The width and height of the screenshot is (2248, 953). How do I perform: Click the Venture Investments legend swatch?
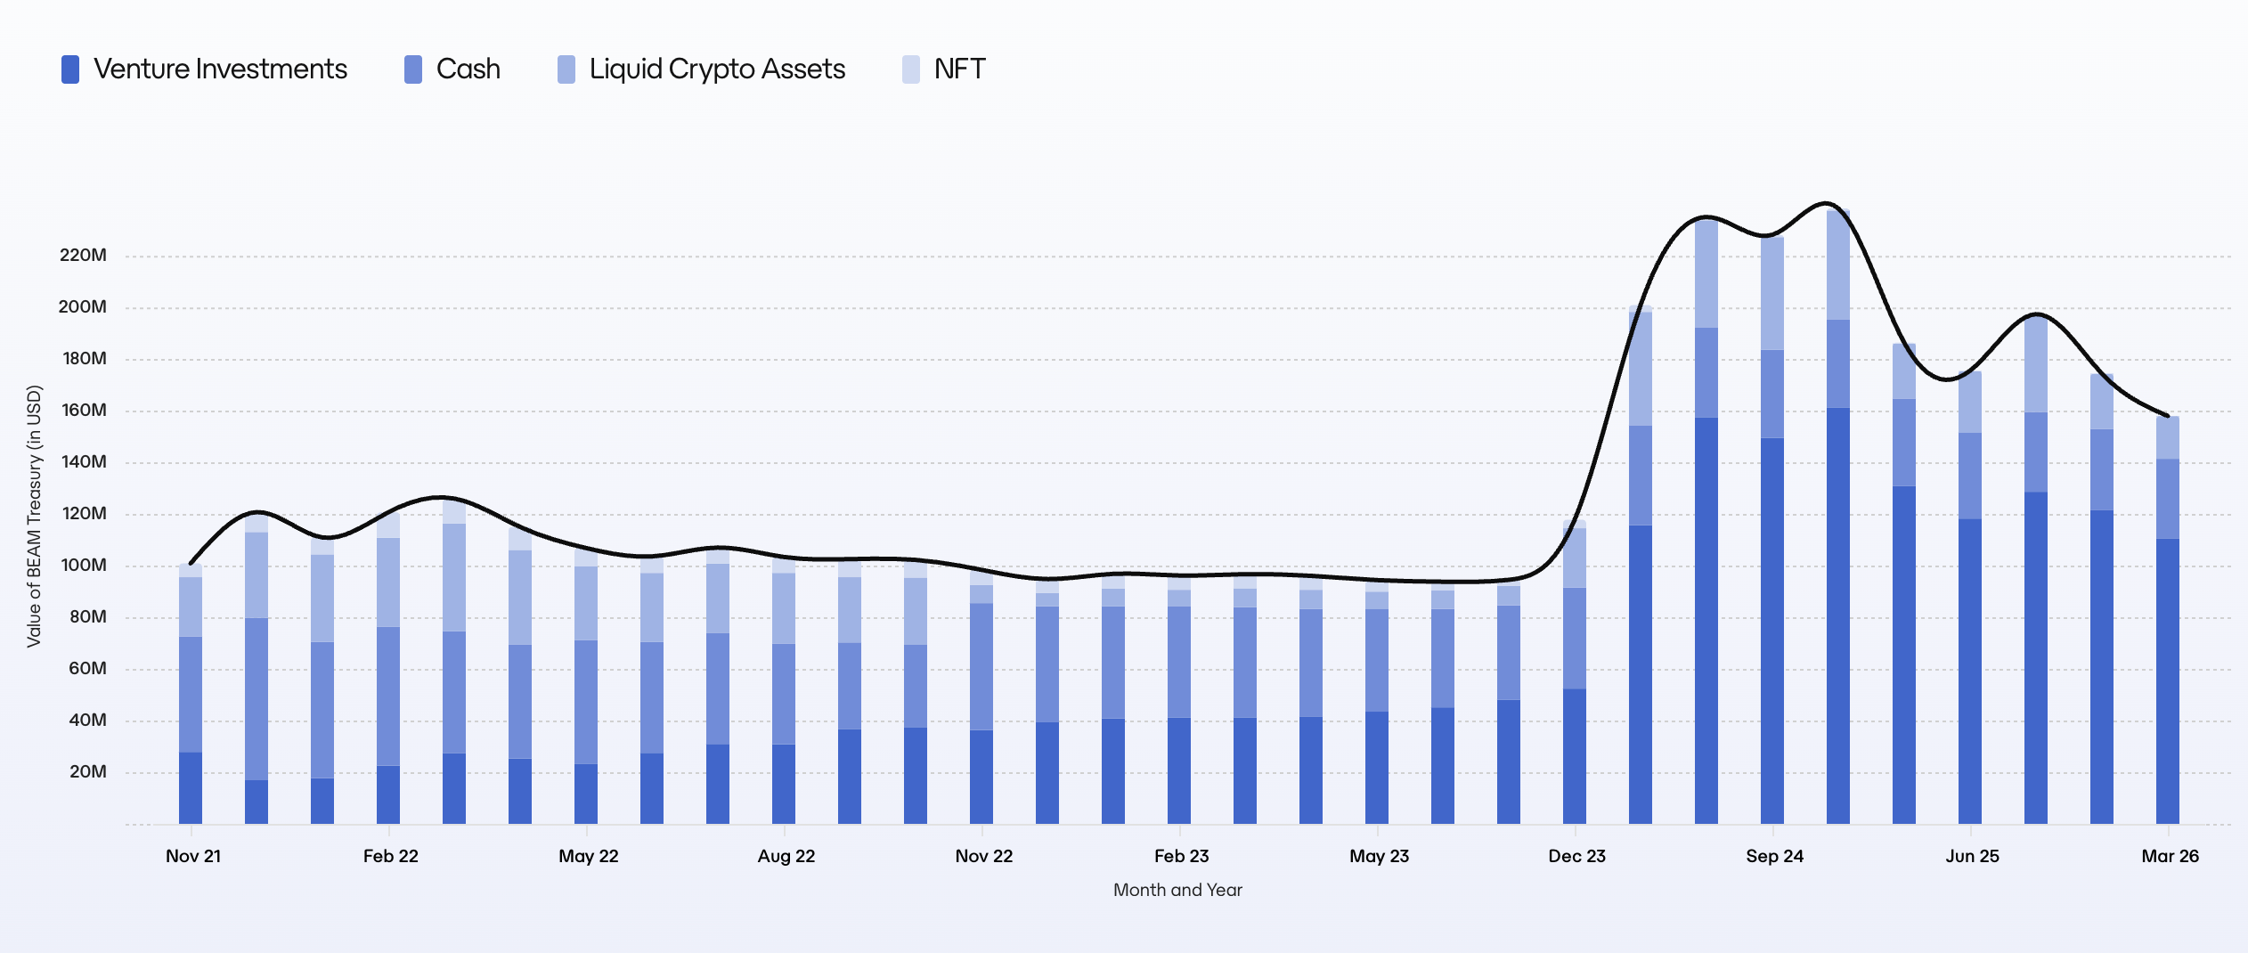coord(70,69)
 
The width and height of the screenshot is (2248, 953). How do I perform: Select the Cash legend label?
coord(468,69)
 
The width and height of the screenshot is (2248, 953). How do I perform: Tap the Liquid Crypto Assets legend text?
coord(717,69)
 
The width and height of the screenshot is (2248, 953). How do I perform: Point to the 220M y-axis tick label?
coord(83,256)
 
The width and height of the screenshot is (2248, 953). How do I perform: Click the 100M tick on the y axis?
coord(84,566)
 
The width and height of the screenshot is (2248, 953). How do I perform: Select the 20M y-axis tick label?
coord(87,772)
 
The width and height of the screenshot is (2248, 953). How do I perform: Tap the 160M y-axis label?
coord(84,411)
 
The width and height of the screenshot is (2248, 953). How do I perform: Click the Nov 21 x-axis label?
coord(193,856)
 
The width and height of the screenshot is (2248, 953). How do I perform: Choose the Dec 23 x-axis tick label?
coord(1576,856)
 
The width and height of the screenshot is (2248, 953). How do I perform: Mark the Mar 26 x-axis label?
coord(2170,856)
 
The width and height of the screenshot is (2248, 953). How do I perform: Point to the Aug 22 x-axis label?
coord(786,856)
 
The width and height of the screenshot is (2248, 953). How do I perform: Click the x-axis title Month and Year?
coord(1177,890)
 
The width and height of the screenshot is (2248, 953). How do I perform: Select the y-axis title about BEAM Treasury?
coord(35,517)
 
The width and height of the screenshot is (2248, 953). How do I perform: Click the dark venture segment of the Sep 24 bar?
coord(1772,631)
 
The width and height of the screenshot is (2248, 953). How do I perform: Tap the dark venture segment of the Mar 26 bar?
coord(2168,681)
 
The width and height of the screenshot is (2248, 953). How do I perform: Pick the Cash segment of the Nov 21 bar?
coord(191,695)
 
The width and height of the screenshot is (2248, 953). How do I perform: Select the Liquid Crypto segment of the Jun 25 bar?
coord(1970,402)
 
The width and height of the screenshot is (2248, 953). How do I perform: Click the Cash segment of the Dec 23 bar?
coord(1575,638)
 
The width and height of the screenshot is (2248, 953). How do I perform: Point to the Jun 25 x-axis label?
coord(1972,856)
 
